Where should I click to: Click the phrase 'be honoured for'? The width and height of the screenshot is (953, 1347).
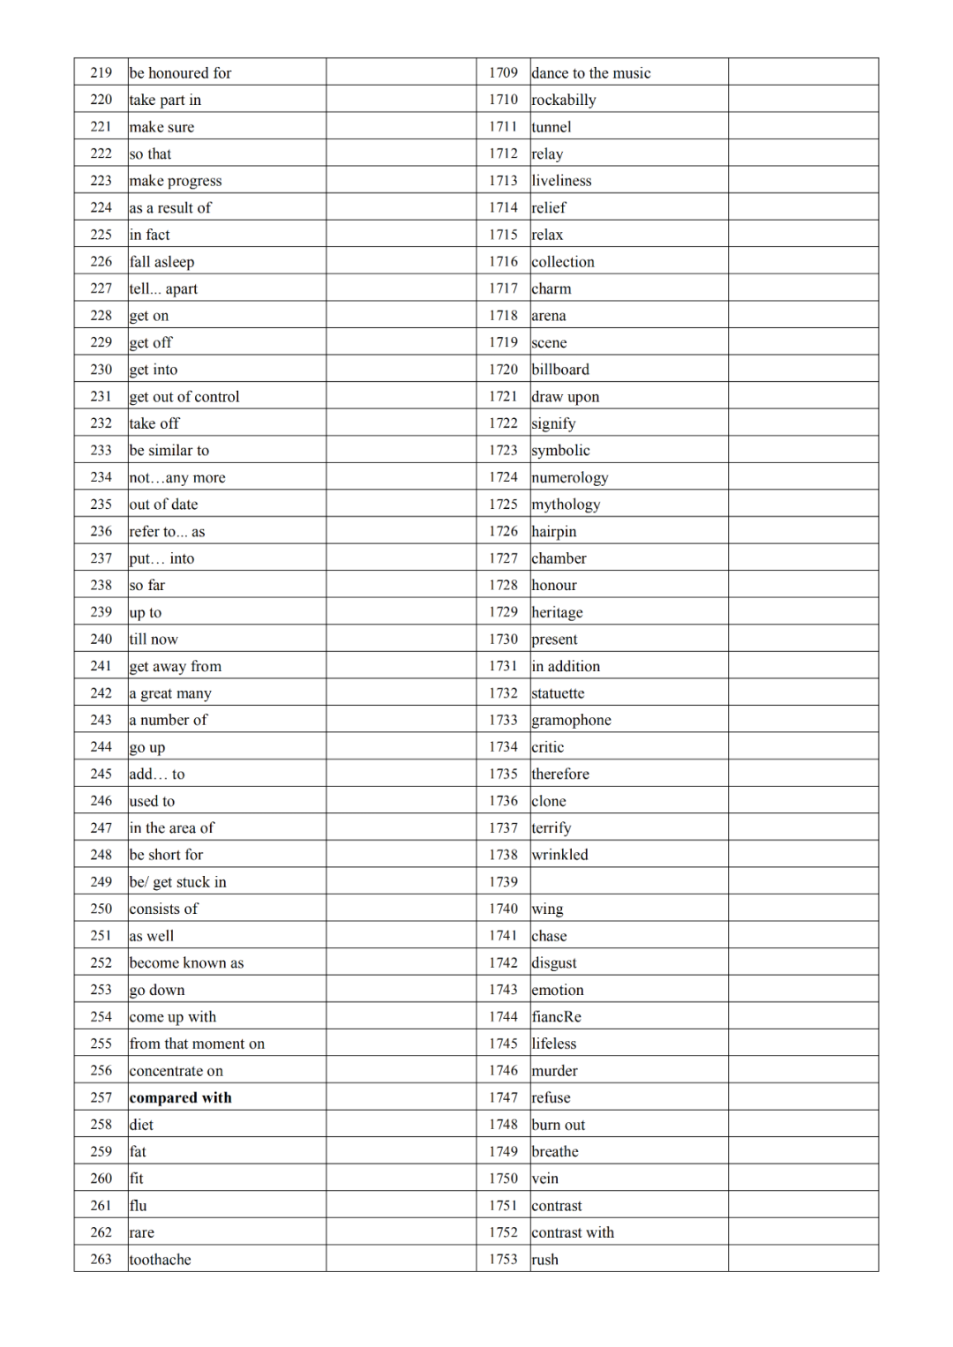180,73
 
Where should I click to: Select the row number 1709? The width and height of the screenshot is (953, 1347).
503,72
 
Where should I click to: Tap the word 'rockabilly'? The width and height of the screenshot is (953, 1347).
564,100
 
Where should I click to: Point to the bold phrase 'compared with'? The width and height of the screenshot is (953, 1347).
180,1097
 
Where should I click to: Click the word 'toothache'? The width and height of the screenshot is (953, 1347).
160,1260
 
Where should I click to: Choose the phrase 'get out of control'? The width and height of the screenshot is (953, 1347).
184,397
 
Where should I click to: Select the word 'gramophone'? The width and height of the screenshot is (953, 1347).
571,720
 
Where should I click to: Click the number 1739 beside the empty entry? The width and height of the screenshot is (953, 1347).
503,881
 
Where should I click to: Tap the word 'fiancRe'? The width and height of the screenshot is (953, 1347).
556,1016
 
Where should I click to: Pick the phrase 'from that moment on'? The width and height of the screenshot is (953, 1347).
197,1044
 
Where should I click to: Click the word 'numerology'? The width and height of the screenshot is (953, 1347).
569,477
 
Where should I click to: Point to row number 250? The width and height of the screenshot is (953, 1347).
101,909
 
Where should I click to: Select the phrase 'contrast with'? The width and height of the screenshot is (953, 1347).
573,1232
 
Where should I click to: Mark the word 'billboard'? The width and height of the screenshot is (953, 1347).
560,370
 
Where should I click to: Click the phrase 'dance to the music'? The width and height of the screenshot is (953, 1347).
590,73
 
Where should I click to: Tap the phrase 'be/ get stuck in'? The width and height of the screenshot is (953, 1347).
177,882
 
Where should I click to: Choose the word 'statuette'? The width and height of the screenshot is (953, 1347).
558,693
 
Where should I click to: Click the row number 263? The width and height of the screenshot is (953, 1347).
101,1259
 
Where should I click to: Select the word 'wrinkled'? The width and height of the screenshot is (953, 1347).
559,855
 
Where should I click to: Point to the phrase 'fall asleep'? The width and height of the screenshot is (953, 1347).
161,262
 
